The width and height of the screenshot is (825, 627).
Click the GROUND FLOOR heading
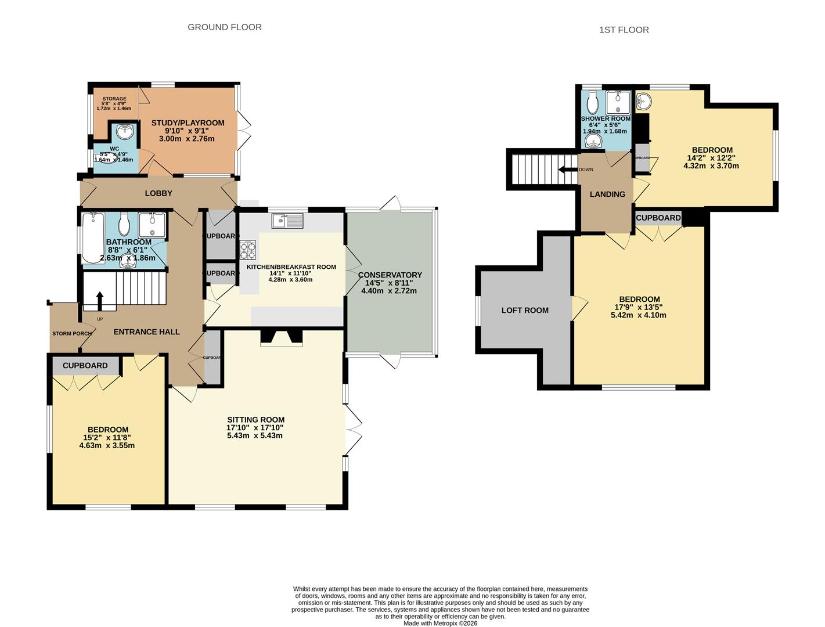coord(224,27)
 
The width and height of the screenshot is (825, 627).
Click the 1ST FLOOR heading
coord(624,30)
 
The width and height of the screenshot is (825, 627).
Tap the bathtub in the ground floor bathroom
coord(93,238)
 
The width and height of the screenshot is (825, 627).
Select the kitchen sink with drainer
coord(287,221)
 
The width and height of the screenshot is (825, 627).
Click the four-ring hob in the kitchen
coord(248,250)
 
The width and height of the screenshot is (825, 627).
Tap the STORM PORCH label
coord(72,333)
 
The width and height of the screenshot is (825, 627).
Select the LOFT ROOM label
coord(525,311)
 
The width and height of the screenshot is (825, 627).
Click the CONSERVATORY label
coord(390,275)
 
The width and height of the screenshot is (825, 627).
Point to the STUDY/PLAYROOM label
coord(188,123)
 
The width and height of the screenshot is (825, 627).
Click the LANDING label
coord(607,194)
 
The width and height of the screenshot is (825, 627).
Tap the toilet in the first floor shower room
coord(593,104)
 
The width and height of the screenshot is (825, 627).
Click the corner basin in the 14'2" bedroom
coord(644,101)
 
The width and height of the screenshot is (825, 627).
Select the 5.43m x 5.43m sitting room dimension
coord(255,435)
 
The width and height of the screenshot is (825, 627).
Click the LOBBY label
coord(158,193)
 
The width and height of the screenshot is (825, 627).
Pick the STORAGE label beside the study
coord(114,99)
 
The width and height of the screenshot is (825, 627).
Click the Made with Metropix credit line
coord(440,624)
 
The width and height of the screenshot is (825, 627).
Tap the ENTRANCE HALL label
coord(146,332)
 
